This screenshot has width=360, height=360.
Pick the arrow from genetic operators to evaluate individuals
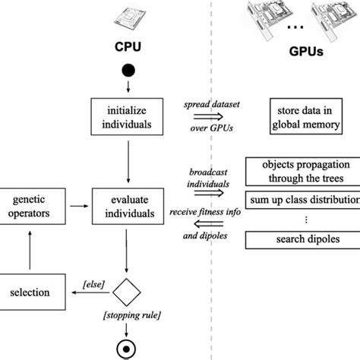point(78,206)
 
